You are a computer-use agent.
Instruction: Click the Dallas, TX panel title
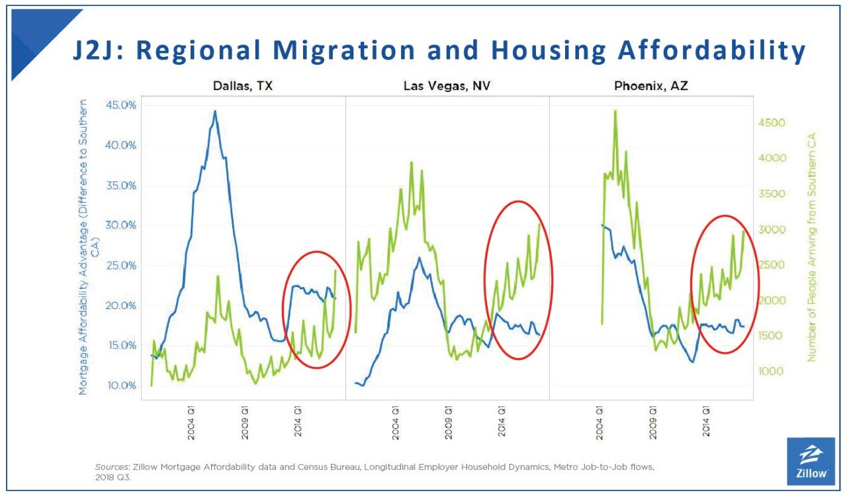tap(243, 86)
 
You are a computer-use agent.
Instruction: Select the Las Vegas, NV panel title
tap(447, 86)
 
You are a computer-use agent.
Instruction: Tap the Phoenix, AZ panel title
tap(650, 86)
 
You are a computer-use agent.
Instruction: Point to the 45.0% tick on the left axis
tap(120, 105)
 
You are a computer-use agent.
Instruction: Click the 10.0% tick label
tap(121, 385)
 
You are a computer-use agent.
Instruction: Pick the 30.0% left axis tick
tap(120, 225)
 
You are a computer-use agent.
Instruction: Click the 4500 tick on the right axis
tap(772, 123)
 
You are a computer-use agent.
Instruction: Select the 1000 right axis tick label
tap(772, 371)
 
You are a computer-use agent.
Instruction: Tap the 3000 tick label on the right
tap(772, 230)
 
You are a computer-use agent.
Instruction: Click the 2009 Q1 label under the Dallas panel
tap(245, 423)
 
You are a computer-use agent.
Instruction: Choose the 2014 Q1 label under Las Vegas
tap(502, 422)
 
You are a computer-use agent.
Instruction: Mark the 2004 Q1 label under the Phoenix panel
tap(600, 423)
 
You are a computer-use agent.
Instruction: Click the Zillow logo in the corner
tap(811, 461)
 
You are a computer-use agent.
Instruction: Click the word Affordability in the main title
tap(711, 51)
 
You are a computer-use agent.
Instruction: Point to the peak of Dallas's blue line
tap(215, 111)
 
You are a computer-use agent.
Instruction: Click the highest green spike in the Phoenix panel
tap(615, 111)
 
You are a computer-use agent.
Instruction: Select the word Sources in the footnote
tap(112, 467)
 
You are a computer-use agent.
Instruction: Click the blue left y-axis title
tap(88, 248)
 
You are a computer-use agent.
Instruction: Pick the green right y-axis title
tap(811, 248)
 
